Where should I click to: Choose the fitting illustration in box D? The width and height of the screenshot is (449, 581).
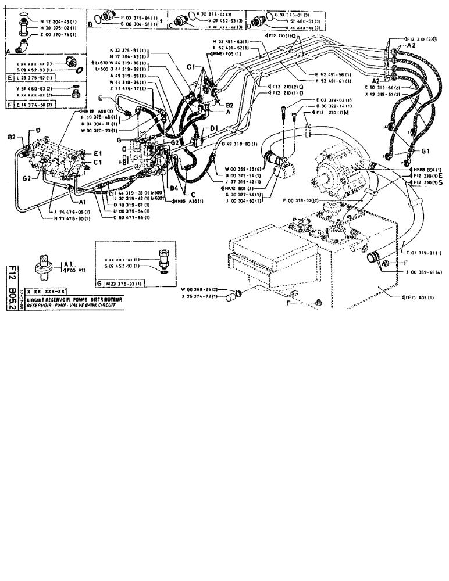(x=259, y=17)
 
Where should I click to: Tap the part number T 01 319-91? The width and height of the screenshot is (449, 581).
(x=423, y=252)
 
